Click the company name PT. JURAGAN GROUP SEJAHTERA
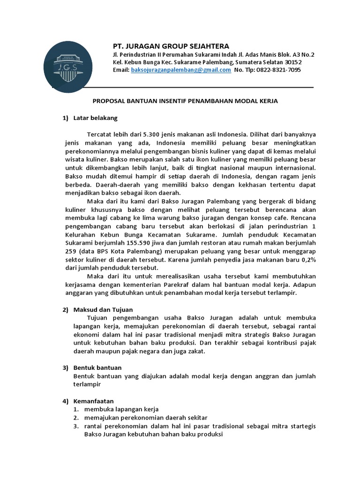(171, 46)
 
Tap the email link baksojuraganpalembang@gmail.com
(180, 70)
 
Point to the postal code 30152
(292, 62)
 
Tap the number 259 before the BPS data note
(70, 251)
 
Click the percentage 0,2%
(308, 259)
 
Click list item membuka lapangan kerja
(121, 409)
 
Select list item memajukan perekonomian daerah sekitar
(146, 418)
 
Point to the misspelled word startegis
(303, 426)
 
